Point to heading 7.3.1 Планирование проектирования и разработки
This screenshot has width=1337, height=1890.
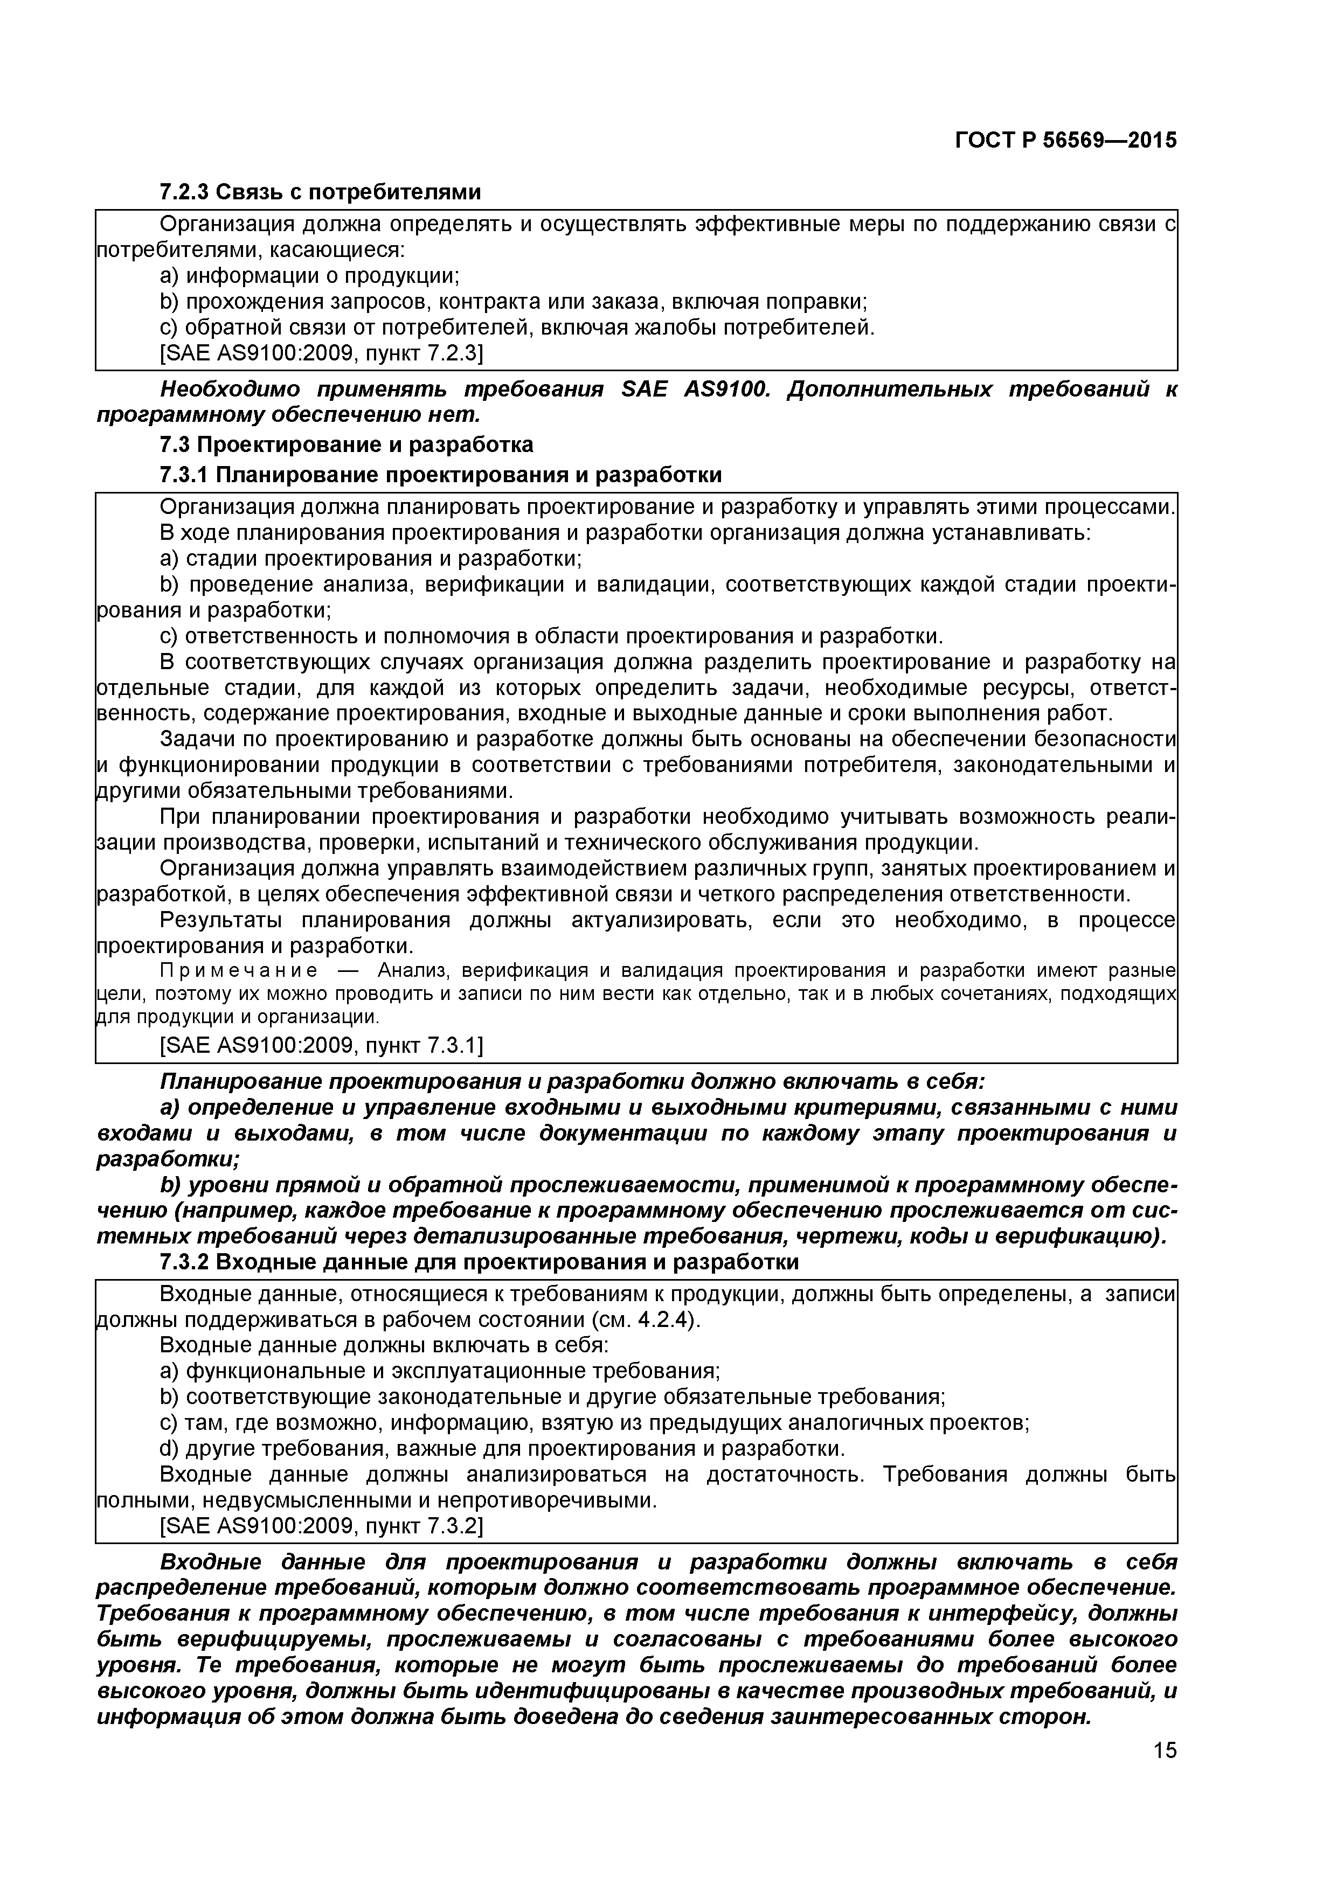[440, 475]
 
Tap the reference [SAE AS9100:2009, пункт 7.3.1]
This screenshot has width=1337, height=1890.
[321, 1045]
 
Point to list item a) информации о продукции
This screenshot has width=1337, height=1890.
[309, 276]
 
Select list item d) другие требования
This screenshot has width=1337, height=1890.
[502, 1448]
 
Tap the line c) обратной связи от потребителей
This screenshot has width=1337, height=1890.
[517, 328]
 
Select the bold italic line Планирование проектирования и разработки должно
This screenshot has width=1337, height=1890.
[572, 1081]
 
